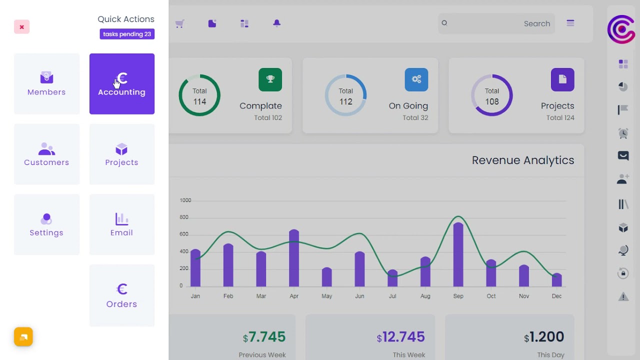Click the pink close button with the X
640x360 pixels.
click(21, 27)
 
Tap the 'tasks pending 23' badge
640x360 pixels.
click(127, 34)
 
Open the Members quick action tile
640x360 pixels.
click(46, 83)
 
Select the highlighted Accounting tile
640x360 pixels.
click(122, 83)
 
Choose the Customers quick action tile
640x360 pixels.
click(46, 154)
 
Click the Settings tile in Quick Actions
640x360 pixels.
click(46, 224)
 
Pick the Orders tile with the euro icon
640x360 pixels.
click(122, 295)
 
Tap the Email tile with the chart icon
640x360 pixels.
click(122, 224)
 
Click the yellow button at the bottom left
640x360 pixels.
click(23, 337)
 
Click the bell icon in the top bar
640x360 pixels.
click(276, 23)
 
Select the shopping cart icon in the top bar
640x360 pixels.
click(180, 23)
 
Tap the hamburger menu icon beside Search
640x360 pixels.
click(570, 23)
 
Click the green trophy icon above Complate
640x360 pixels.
click(270, 79)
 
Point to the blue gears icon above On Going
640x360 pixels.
click(416, 79)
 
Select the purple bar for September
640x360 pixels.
click(458, 255)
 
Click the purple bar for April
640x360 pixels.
click(294, 258)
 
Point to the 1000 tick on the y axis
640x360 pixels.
click(185, 200)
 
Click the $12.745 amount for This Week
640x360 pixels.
click(401, 337)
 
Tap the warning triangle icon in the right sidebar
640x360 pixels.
click(623, 297)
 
